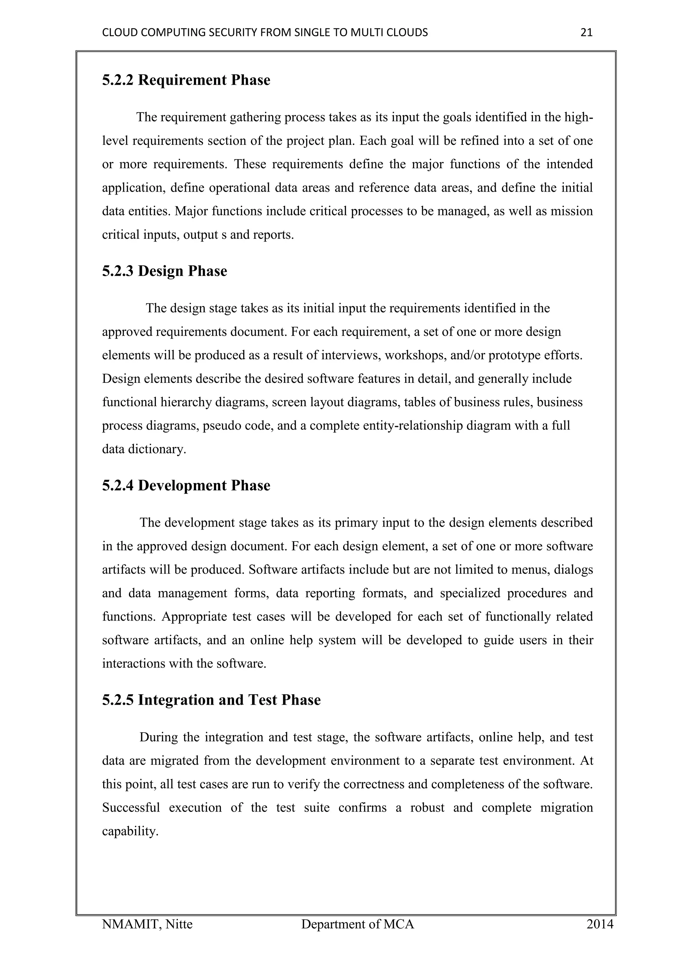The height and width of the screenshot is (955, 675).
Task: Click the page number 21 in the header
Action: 586,32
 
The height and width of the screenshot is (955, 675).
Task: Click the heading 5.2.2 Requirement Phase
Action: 186,80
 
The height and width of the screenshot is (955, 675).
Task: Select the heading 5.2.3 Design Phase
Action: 164,271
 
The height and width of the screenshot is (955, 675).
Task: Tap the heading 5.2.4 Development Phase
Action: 186,485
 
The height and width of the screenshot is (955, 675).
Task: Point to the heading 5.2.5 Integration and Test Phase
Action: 211,700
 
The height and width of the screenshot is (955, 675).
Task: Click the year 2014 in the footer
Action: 600,924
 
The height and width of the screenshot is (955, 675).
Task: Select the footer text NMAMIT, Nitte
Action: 147,924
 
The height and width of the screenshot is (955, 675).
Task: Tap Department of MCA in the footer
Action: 358,924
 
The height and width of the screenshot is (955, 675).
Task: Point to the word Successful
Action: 131,808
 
